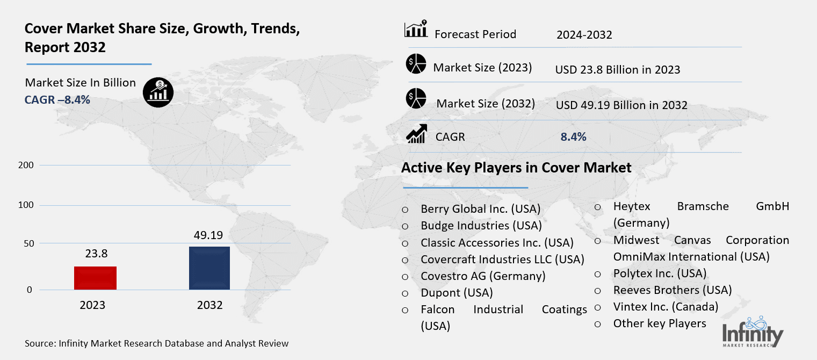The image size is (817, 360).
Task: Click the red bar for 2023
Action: pyautogui.click(x=96, y=278)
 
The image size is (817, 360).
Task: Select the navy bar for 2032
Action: pyautogui.click(x=209, y=268)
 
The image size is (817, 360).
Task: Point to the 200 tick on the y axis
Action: pyautogui.click(x=29, y=165)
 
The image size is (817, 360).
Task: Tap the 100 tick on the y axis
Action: pyautogui.click(x=29, y=205)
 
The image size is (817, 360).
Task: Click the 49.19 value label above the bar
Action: pyautogui.click(x=208, y=235)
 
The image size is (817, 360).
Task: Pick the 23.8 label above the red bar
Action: pyautogui.click(x=96, y=254)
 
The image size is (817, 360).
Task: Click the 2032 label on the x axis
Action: pyautogui.click(x=209, y=305)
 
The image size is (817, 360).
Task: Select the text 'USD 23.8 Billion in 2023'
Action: pyautogui.click(x=618, y=70)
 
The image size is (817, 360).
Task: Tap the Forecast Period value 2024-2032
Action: pyautogui.click(x=584, y=35)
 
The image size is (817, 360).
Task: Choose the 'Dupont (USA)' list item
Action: pyautogui.click(x=457, y=293)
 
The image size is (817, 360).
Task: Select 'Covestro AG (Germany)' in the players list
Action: pyautogui.click(x=483, y=276)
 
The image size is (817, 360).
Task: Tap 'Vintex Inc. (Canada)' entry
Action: pyautogui.click(x=666, y=307)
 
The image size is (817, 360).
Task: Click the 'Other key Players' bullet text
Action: pyautogui.click(x=660, y=323)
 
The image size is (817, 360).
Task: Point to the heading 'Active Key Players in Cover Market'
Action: pyautogui.click(x=516, y=168)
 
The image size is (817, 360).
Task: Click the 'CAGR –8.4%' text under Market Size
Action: pyautogui.click(x=57, y=99)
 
